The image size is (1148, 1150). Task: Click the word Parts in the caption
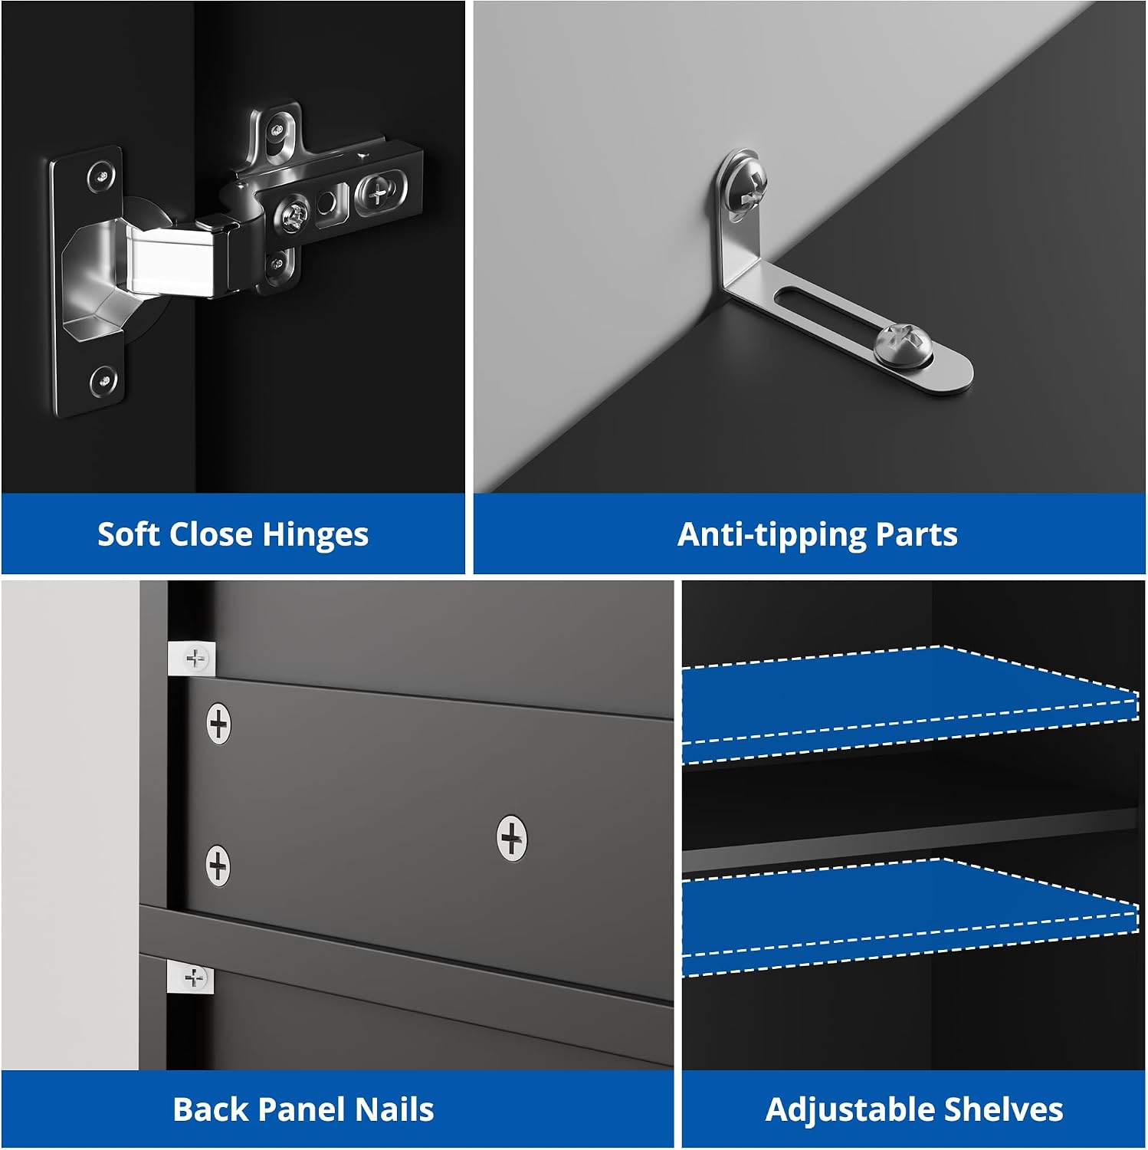pyautogui.click(x=915, y=534)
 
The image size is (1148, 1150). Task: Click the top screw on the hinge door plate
pyautogui.click(x=100, y=177)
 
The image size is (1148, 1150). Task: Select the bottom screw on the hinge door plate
pyautogui.click(x=103, y=380)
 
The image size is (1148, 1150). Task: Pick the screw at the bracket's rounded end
pyautogui.click(x=904, y=343)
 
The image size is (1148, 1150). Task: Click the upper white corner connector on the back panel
pyautogui.click(x=192, y=659)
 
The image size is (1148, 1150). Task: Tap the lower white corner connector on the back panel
pyautogui.click(x=191, y=978)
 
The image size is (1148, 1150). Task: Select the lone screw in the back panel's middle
pyautogui.click(x=512, y=837)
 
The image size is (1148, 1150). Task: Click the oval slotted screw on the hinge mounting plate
pyautogui.click(x=378, y=193)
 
